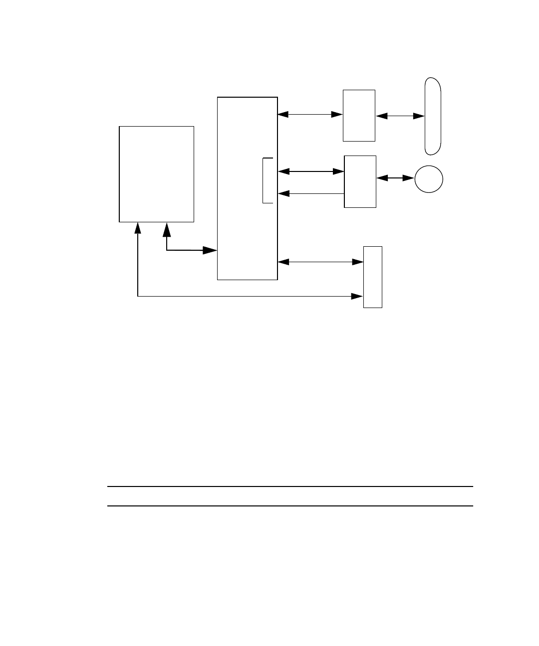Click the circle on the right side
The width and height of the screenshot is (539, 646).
429,178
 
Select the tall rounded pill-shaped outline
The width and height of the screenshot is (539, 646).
433,116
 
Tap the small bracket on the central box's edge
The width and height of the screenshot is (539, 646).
267,180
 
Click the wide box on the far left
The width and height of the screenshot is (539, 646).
156,174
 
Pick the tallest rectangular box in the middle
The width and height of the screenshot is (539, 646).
247,188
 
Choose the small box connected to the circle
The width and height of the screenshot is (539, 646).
360,181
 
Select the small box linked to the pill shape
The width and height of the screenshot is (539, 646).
359,116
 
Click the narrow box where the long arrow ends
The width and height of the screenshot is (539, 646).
372,277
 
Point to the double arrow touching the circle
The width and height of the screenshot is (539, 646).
395,177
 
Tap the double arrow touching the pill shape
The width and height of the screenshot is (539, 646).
400,116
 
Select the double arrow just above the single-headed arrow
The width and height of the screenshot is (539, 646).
310,171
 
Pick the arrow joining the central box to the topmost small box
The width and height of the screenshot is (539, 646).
310,115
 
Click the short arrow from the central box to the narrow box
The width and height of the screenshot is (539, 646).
320,262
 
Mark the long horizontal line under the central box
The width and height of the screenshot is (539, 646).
250,297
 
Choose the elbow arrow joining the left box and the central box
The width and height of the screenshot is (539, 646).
185,250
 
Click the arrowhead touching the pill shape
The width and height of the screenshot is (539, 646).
420,116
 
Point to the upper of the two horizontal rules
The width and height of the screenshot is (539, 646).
290,486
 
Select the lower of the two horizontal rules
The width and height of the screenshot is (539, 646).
290,506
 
